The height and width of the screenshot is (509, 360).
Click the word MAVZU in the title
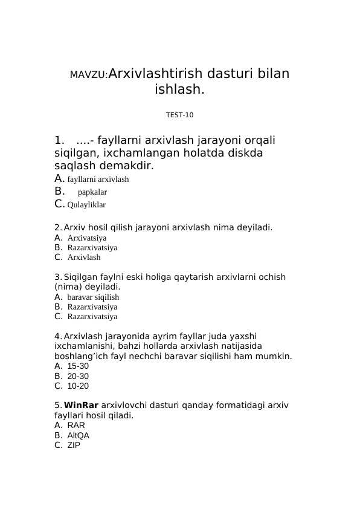tap(88, 75)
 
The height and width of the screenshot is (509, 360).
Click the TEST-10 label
tap(179, 115)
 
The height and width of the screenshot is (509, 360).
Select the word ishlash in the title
tap(179, 90)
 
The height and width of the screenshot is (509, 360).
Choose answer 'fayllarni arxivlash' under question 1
tap(98, 180)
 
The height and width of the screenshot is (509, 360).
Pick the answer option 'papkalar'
tap(92, 192)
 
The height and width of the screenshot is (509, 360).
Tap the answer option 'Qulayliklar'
tap(86, 205)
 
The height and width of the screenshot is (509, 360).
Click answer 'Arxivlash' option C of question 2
tap(84, 258)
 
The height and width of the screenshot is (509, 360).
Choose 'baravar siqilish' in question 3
tap(93, 297)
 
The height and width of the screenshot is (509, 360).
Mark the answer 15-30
tap(78, 366)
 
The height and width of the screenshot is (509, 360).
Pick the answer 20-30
tap(78, 376)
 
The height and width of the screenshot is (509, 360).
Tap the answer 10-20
tap(78, 386)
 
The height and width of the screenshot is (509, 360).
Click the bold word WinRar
tap(81, 405)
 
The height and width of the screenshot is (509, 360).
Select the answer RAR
tap(76, 426)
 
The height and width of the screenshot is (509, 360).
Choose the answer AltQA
tap(78, 435)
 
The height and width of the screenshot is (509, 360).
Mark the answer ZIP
tap(74, 445)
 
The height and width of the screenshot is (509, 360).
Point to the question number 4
tap(57, 336)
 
